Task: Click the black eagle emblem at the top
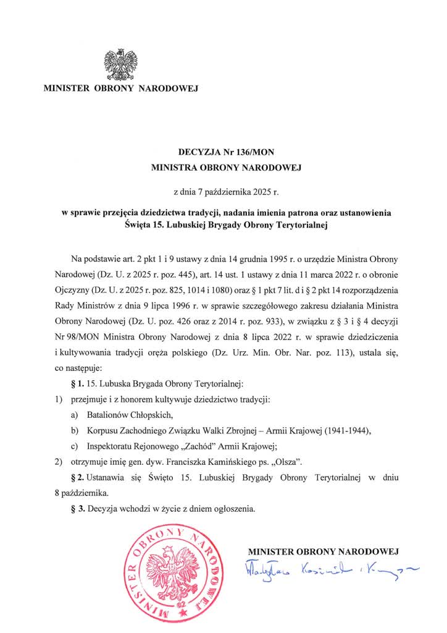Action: [122, 65]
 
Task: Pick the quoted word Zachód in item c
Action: [193, 446]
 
